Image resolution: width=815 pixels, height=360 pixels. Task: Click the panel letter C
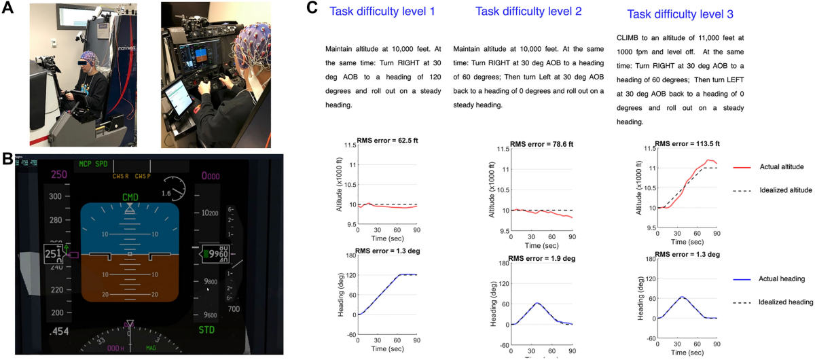tap(312, 8)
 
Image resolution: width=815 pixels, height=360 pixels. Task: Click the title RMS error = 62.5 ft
tap(388, 143)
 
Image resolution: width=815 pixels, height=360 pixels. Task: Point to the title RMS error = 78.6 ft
tap(541, 144)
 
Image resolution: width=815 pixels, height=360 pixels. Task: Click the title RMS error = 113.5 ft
tap(687, 143)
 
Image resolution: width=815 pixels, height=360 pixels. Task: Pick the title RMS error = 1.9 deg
tap(541, 258)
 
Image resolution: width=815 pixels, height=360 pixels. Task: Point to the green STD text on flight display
tap(207, 331)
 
